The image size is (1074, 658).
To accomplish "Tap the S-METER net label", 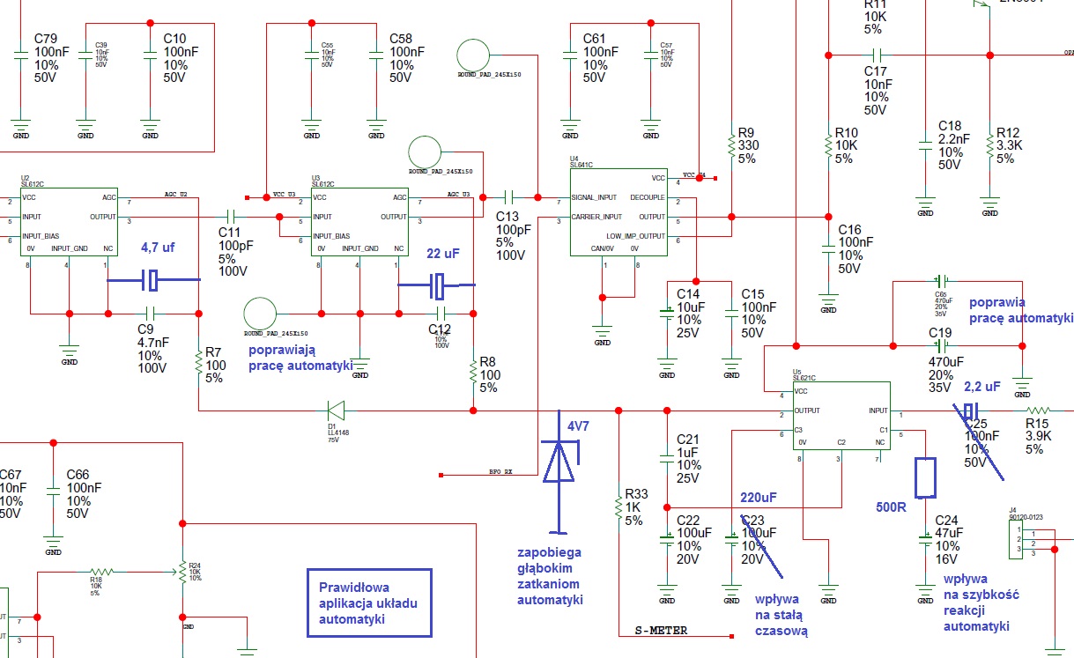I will (x=663, y=631).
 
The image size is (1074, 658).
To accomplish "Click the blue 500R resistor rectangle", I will (x=925, y=477).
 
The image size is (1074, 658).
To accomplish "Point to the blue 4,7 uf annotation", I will (x=158, y=248).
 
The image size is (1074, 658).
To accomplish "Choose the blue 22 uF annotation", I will (x=442, y=254).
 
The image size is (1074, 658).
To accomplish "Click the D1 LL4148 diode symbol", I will (x=336, y=410).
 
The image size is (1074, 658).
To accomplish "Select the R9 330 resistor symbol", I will (x=731, y=144).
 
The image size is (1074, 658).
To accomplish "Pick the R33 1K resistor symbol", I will (x=619, y=506).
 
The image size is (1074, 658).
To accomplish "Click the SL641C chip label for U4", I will (x=582, y=165).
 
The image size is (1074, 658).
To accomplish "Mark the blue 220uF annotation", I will (x=759, y=496).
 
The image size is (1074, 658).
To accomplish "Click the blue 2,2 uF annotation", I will (x=982, y=387).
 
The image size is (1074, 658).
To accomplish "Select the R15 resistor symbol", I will (x=1039, y=410).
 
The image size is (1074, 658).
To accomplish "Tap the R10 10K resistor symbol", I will (x=827, y=144).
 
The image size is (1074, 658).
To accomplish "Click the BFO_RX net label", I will (x=500, y=472).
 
